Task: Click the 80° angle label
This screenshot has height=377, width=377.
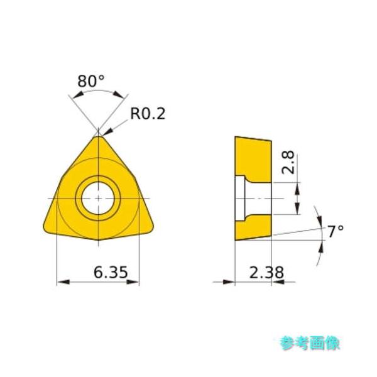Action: [90, 81]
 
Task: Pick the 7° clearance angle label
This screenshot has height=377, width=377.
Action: [336, 231]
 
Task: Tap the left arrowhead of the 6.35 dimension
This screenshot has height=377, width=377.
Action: [61, 282]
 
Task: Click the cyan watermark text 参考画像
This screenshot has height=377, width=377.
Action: [310, 342]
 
